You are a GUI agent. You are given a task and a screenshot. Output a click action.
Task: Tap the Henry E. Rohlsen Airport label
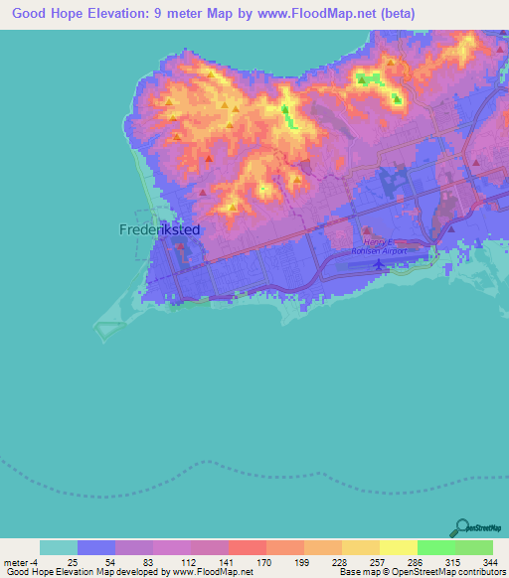[x=387, y=246]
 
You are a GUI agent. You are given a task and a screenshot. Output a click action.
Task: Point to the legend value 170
[x=265, y=561]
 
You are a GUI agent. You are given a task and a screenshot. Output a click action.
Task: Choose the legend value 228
[x=341, y=561]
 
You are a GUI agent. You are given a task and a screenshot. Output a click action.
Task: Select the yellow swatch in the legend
[x=398, y=547]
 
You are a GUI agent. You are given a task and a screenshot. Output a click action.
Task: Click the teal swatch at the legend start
[x=58, y=547]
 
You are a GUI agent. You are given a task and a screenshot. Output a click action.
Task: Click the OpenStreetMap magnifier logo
[x=461, y=526]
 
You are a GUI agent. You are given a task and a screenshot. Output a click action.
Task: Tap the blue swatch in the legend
[x=95, y=547]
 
